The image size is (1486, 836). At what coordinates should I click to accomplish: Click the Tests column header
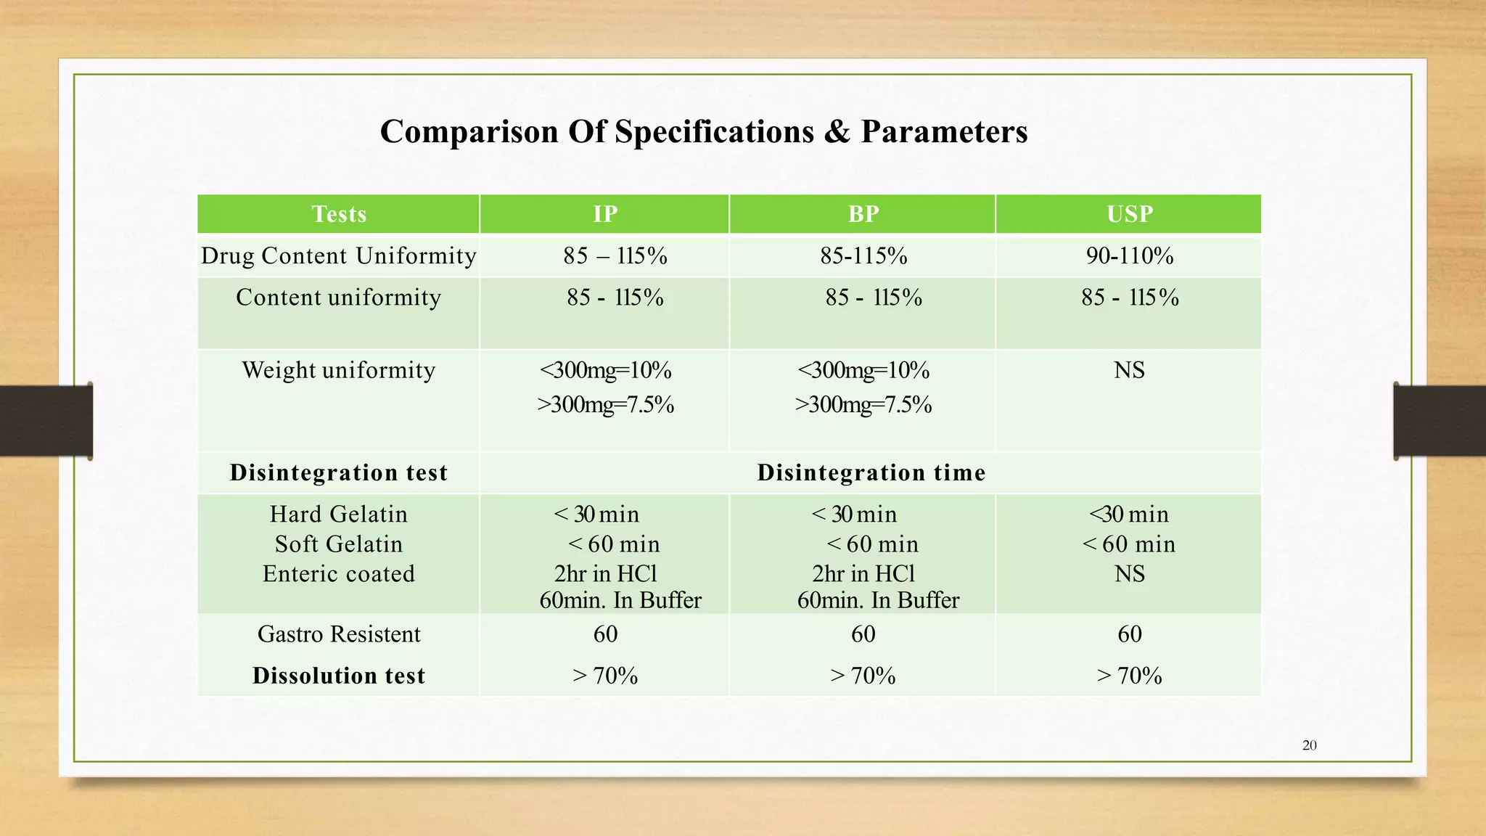click(339, 214)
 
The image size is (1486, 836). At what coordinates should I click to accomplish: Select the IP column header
click(605, 214)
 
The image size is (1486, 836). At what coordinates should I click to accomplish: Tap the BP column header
click(863, 214)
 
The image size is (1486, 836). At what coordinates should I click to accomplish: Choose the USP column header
click(1130, 214)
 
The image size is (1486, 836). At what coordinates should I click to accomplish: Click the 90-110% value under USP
click(1130, 255)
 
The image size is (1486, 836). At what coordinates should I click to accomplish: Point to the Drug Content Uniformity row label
click(339, 255)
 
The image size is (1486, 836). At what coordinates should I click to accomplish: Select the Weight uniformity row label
click(339, 370)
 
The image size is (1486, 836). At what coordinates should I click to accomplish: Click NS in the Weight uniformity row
click(1130, 370)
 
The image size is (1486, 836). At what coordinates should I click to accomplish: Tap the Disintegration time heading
click(871, 472)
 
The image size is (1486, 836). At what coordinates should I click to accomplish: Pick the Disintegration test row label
click(339, 472)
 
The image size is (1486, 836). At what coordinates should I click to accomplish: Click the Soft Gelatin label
click(339, 544)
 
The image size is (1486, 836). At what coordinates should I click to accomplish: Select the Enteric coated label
click(339, 573)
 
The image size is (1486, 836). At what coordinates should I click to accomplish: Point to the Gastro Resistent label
click(339, 634)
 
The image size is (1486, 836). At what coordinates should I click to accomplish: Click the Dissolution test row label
click(339, 676)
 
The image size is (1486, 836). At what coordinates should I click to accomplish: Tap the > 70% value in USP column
click(1130, 676)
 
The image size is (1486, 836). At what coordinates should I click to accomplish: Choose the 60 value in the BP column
click(863, 634)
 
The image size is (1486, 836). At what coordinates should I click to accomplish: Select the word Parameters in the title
click(944, 132)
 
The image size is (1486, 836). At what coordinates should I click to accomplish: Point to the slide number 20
click(1310, 745)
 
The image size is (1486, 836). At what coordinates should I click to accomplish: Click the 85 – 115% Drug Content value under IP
click(615, 255)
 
